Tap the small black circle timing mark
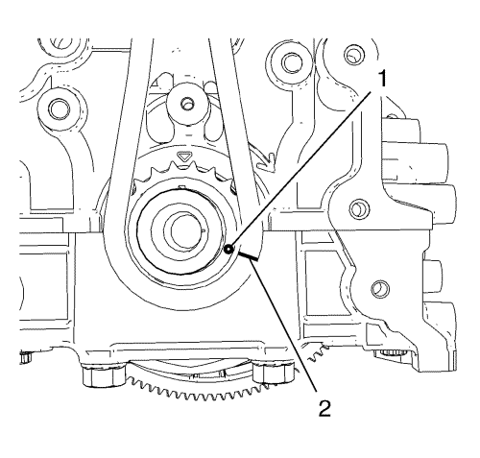point(228,250)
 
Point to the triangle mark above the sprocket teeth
point(183,157)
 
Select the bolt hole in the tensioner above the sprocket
point(186,103)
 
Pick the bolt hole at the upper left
point(59,108)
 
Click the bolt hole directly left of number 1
point(354,55)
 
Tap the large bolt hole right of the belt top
point(292,62)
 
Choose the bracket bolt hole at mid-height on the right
point(358,208)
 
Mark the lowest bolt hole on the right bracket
point(380,288)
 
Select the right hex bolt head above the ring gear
point(274,373)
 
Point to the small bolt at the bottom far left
point(25,356)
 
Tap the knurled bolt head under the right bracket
point(391,353)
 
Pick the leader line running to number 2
point(284,325)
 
